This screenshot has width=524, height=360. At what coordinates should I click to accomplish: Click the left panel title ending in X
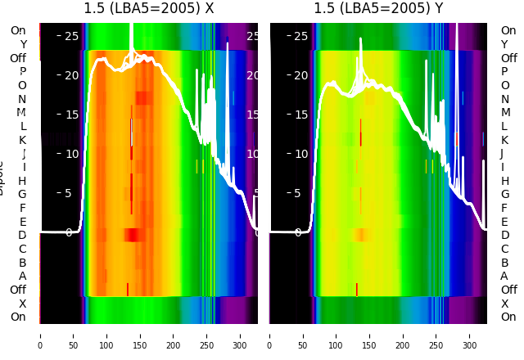pos(149,9)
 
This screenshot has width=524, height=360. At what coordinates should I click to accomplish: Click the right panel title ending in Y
pos(378,9)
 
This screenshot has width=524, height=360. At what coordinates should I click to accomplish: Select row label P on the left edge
pos(23,72)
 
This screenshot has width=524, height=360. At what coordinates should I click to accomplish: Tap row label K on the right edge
pos(505,140)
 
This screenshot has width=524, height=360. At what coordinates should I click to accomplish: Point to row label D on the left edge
pos(23,235)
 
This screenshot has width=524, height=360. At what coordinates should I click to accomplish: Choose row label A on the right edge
pos(505,276)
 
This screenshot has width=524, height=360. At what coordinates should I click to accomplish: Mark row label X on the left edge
pos(23,303)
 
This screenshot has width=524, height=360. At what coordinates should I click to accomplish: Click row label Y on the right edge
pos(505,44)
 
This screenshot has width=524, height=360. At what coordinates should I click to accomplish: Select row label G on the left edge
pos(23,194)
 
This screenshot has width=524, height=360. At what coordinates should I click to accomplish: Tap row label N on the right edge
pos(505,99)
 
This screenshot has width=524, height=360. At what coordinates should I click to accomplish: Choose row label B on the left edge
pos(23,262)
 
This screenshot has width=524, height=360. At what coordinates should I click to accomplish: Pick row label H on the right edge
pos(505,181)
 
